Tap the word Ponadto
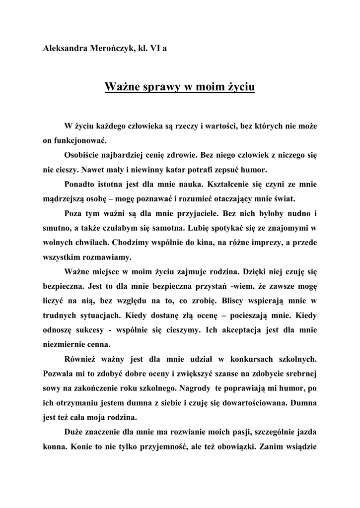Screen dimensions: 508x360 [x=80, y=184]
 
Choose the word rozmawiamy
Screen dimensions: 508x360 [x=107, y=257]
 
